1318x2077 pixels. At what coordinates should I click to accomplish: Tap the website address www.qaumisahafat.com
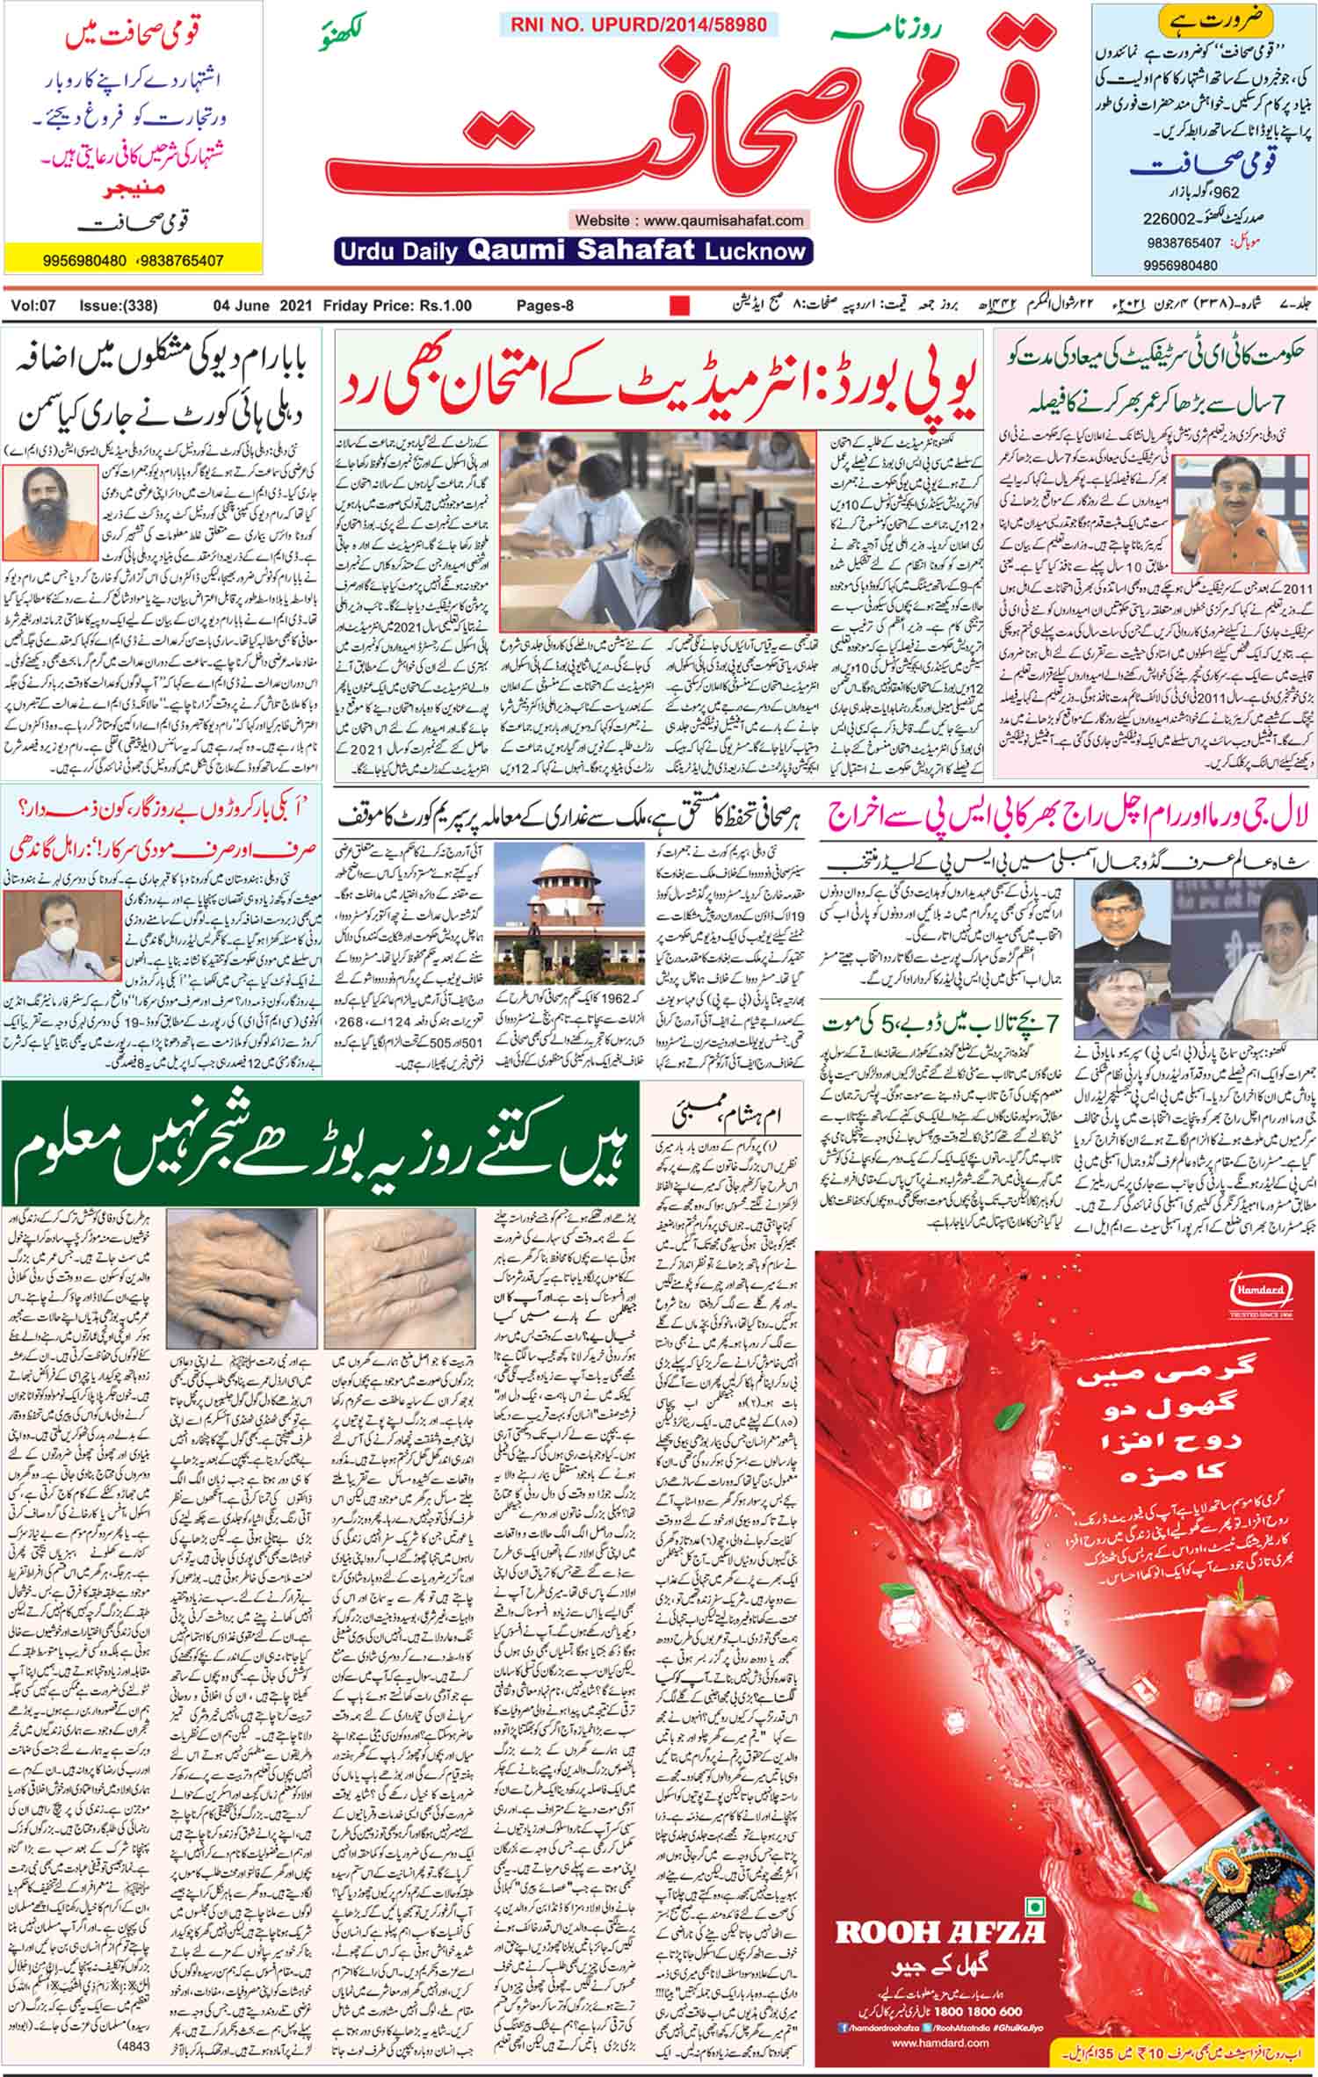(689, 221)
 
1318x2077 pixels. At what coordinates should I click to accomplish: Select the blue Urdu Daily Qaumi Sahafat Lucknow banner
(573, 251)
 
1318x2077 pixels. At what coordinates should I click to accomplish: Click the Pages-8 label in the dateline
(545, 307)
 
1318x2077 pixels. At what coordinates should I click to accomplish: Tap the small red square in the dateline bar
(679, 307)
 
